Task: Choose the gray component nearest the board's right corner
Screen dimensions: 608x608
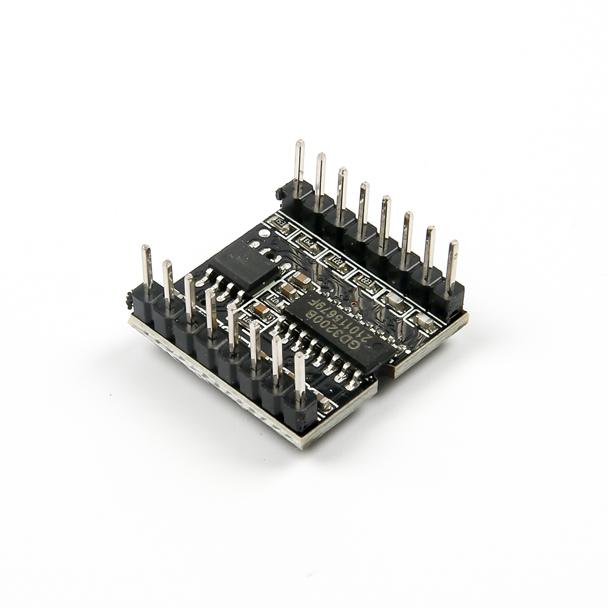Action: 420,318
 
